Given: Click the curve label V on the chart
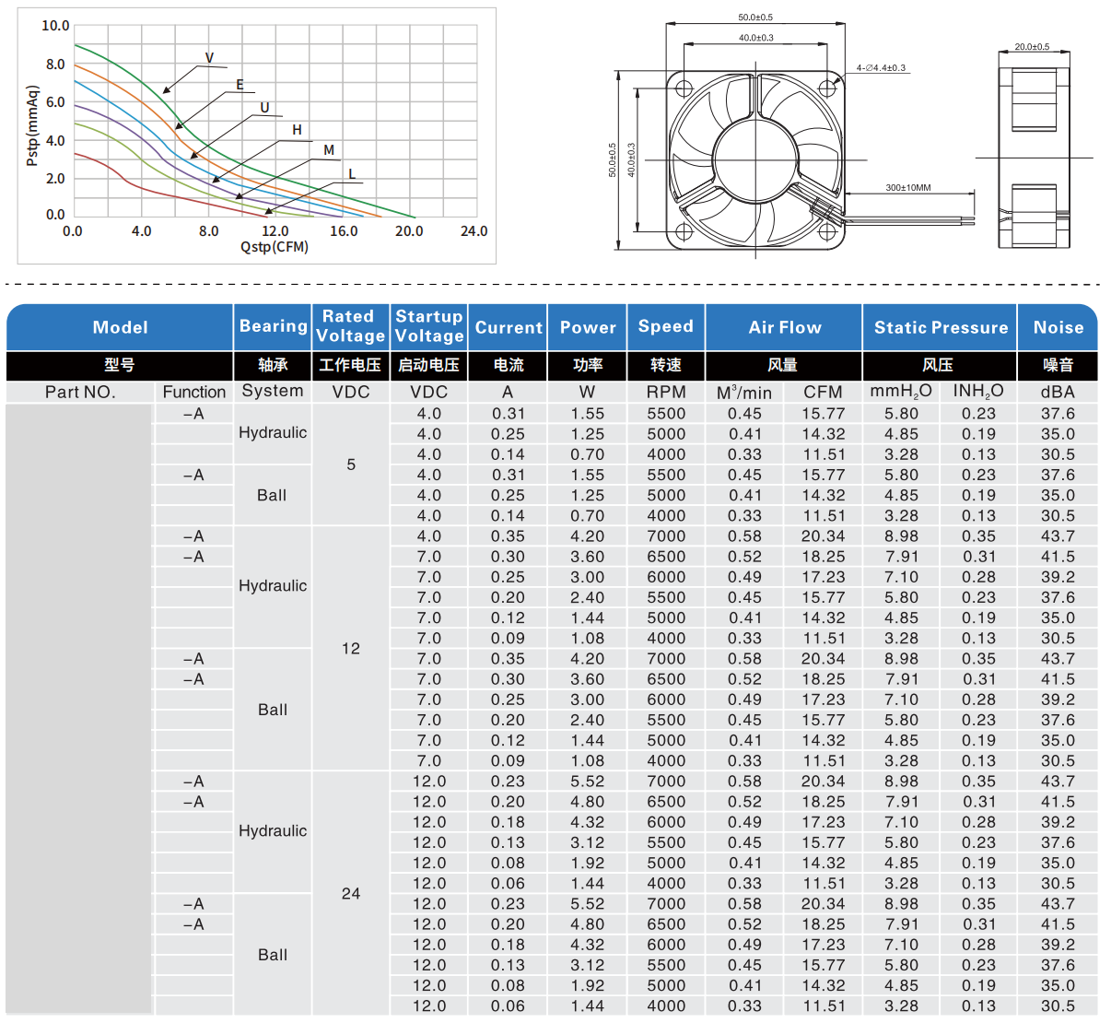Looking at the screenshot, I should point(209,58).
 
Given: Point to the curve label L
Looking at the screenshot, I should point(352,174).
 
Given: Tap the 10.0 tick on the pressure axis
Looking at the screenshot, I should point(55,26).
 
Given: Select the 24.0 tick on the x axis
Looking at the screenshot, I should point(474,231).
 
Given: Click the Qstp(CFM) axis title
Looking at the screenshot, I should point(275,247).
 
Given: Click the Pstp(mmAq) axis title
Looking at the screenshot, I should point(33,126).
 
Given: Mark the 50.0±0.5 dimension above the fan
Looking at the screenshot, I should point(755,18).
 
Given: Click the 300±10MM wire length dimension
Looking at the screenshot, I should point(908,187).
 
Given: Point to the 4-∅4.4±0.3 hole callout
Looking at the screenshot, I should point(881,67).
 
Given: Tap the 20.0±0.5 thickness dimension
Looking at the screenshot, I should point(1032,46).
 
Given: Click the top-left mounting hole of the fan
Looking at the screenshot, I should point(684,88).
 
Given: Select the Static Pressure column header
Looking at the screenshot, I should point(941,327).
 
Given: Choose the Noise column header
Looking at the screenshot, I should point(1058,327).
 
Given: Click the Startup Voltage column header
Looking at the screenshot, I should point(429,326).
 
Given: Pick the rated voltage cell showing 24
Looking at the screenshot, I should point(351,893).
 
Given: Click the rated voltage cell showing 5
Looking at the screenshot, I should point(351,464).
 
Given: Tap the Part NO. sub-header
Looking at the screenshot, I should point(80,392).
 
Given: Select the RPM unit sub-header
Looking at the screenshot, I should point(666,392).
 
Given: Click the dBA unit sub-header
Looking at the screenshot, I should point(1058,392).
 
